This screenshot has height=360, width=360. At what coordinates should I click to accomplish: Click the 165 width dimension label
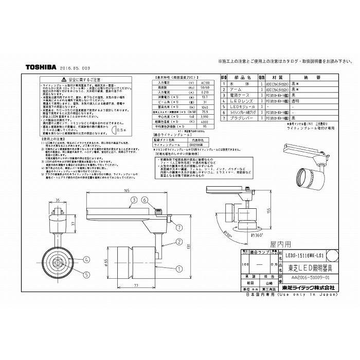(x=126, y=192)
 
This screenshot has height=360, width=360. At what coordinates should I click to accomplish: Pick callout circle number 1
(x=179, y=267)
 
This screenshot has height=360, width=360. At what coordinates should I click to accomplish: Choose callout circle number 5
(x=73, y=274)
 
